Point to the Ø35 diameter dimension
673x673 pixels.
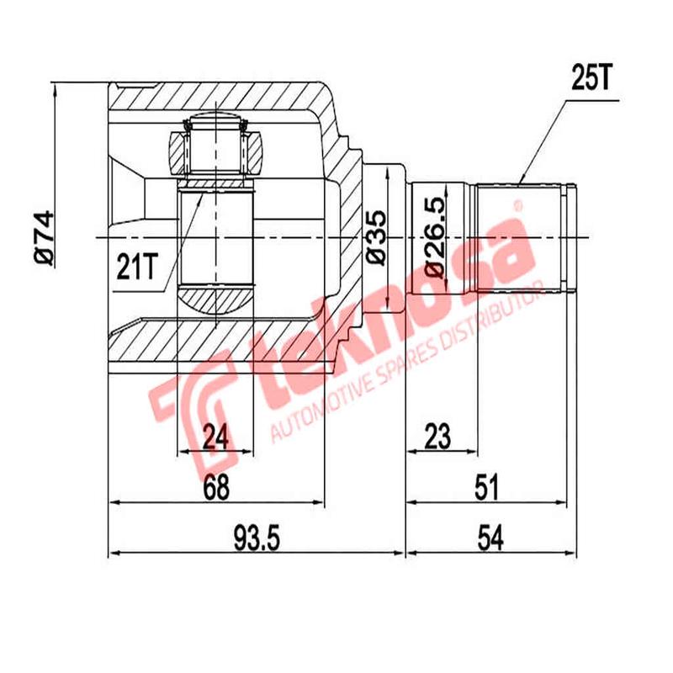pos(375,238)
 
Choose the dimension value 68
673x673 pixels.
pos(216,487)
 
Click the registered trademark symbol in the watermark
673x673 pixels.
pos(519,204)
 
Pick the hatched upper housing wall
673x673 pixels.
pos(219,98)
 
